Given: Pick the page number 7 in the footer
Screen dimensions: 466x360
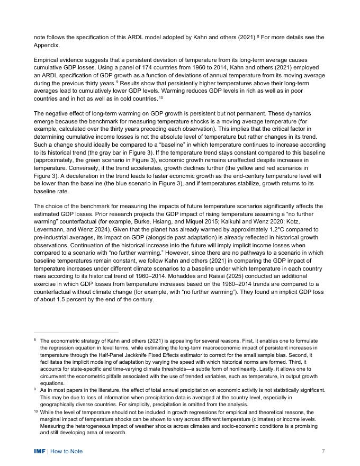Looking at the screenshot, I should coord(323,451).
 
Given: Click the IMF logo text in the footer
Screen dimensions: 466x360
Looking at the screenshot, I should coord(40,451).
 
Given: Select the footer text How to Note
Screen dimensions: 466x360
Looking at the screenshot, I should coord(66,451).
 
